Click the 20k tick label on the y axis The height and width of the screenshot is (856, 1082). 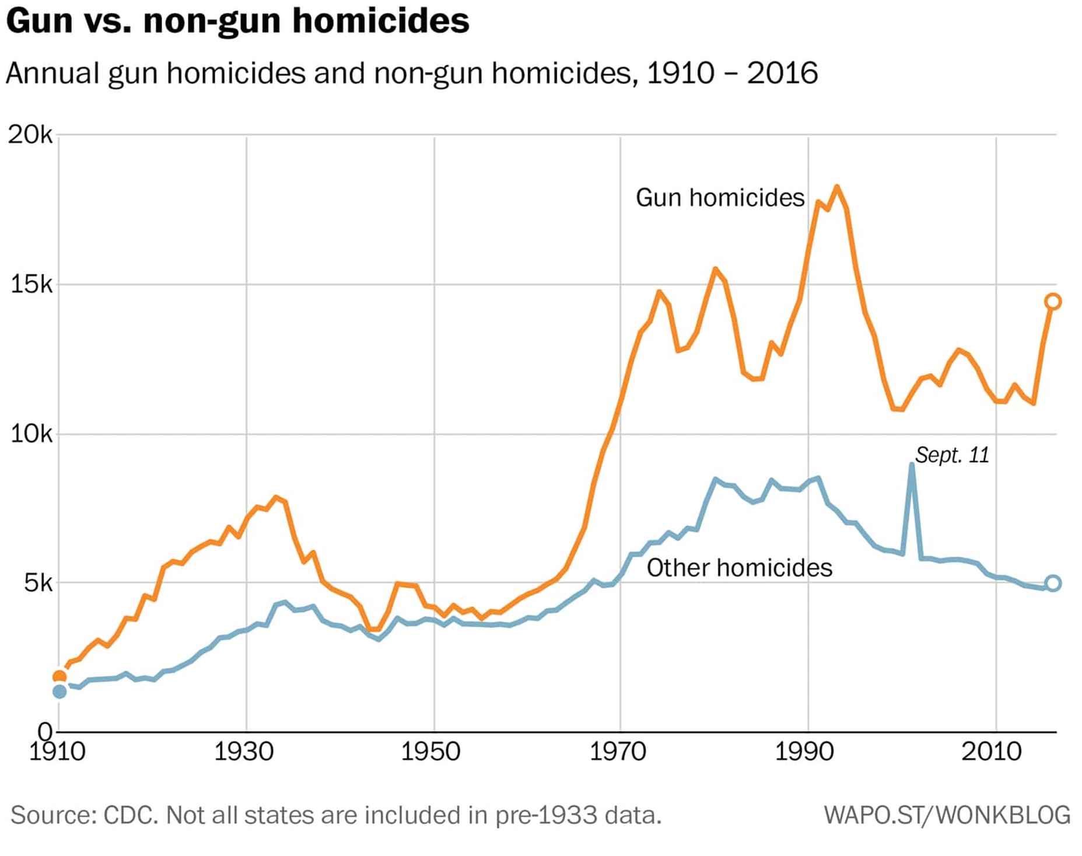(x=30, y=135)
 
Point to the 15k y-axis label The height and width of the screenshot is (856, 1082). (x=31, y=284)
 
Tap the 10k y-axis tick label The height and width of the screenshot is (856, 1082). (x=31, y=434)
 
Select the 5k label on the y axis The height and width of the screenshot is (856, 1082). (x=37, y=582)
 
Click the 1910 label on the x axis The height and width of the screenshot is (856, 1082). (x=57, y=752)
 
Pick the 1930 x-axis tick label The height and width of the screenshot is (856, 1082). (x=244, y=752)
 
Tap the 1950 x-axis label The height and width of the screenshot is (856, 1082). (x=430, y=752)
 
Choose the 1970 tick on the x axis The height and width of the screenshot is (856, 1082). (x=618, y=752)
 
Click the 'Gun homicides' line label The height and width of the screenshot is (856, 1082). (x=720, y=198)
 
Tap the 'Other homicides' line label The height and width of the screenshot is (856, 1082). (x=739, y=568)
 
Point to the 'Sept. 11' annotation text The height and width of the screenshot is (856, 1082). (x=952, y=455)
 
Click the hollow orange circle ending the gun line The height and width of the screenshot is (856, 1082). (x=1053, y=302)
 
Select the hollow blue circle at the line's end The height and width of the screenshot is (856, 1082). (x=1053, y=583)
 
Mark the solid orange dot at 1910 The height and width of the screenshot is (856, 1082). (x=59, y=677)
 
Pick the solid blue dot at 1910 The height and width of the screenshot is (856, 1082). (x=59, y=691)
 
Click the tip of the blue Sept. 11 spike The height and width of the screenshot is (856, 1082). (x=911, y=465)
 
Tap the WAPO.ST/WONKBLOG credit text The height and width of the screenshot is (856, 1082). (x=947, y=815)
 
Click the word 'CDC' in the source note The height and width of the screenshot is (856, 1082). (x=131, y=815)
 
